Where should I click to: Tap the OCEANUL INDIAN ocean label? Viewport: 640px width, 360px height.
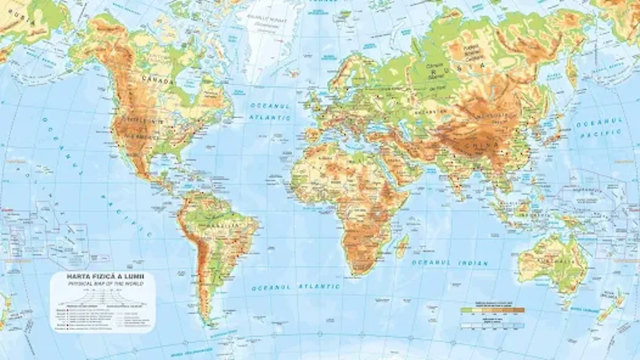449,262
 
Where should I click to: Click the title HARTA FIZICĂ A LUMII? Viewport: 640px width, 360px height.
101,276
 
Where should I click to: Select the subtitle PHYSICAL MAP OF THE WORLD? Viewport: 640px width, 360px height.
101,283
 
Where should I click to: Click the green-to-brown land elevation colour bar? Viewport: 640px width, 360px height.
493,309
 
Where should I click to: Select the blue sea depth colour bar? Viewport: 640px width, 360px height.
493,326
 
